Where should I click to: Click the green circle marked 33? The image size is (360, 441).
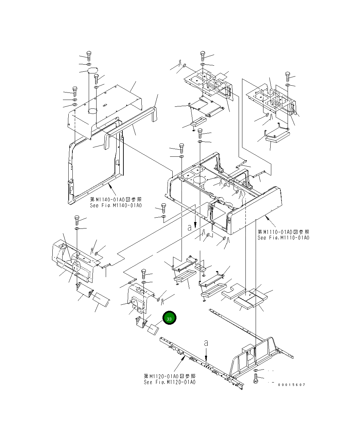[169, 318]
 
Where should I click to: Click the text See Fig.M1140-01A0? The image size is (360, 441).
[116, 205]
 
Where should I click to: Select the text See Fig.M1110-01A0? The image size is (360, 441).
[283, 238]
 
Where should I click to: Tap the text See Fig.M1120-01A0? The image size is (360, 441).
[170, 382]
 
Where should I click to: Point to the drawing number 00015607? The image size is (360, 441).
[291, 385]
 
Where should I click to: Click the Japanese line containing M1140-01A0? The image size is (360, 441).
[116, 200]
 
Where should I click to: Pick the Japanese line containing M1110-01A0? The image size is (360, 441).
[283, 232]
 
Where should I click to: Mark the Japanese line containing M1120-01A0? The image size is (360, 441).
[170, 376]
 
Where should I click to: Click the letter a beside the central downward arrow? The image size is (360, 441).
[189, 228]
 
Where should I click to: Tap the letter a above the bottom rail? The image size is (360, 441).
[206, 343]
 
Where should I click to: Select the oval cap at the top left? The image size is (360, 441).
[92, 70]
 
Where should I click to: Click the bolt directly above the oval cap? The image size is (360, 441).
[89, 56]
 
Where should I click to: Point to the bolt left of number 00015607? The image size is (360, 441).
[256, 378]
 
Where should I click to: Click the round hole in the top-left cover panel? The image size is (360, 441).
[92, 111]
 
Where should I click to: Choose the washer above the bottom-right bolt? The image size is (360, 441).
[256, 370]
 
